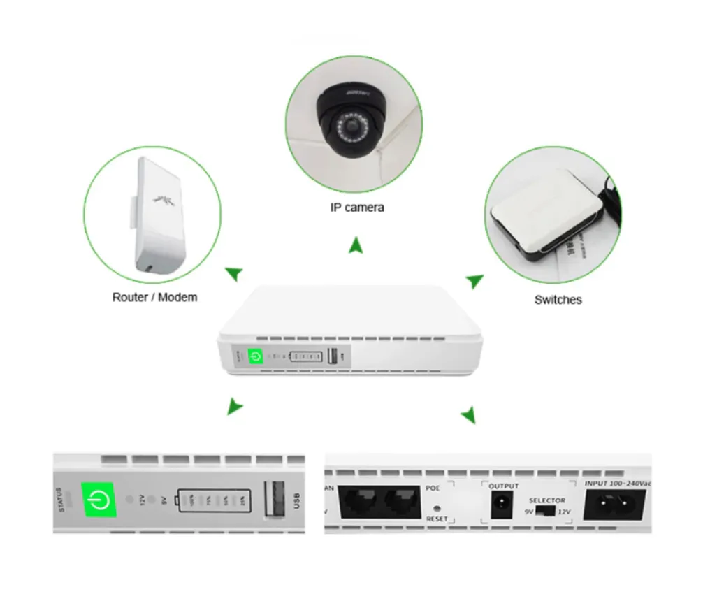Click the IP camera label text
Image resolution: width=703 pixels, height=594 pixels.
(356, 208)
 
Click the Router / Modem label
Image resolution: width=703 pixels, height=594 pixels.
(154, 297)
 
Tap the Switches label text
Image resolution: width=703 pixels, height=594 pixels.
(558, 300)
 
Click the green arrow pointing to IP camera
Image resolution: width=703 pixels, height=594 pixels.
(356, 245)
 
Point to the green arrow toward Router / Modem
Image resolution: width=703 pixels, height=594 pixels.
(234, 273)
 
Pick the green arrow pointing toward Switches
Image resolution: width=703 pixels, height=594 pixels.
(475, 281)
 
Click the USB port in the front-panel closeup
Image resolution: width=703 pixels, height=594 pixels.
(274, 502)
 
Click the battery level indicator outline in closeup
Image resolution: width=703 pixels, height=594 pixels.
(214, 501)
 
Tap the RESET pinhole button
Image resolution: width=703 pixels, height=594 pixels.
(437, 509)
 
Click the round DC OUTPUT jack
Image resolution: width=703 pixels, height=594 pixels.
(501, 502)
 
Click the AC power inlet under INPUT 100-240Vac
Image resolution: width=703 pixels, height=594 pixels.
(614, 504)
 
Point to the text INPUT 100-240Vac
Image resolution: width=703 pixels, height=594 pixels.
(616, 483)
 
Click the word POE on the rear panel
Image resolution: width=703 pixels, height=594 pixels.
(433, 488)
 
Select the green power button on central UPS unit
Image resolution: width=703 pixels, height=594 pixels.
(256, 356)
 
